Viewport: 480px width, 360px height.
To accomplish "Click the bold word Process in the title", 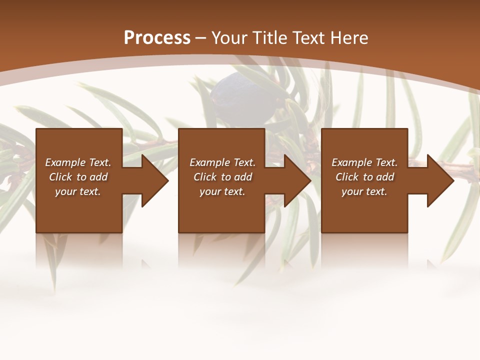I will [157, 38].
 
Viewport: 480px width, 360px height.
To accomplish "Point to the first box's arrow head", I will [155, 181].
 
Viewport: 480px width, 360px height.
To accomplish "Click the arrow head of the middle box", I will [297, 181].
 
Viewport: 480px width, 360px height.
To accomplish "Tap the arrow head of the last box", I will [440, 181].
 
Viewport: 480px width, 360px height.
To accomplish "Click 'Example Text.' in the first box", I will [78, 162].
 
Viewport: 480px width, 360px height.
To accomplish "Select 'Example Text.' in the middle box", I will [222, 162].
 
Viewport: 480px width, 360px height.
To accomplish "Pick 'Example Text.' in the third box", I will [364, 162].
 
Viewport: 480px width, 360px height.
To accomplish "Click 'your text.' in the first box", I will [78, 191].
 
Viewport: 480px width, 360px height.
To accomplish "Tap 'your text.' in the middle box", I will [222, 191].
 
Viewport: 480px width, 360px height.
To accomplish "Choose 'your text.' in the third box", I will [364, 191].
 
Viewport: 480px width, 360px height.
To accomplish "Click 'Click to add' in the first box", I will [78, 177].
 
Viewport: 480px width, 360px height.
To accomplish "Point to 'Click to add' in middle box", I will [222, 177].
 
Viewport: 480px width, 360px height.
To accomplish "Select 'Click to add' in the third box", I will [364, 177].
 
